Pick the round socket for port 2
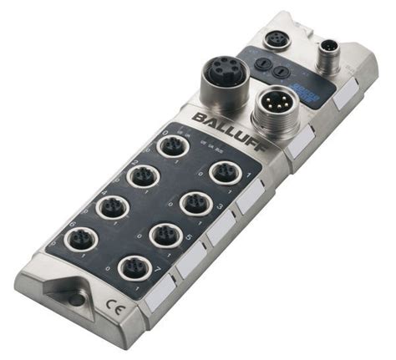(142, 176)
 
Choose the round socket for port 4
(113, 206)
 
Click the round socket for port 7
(134, 268)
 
